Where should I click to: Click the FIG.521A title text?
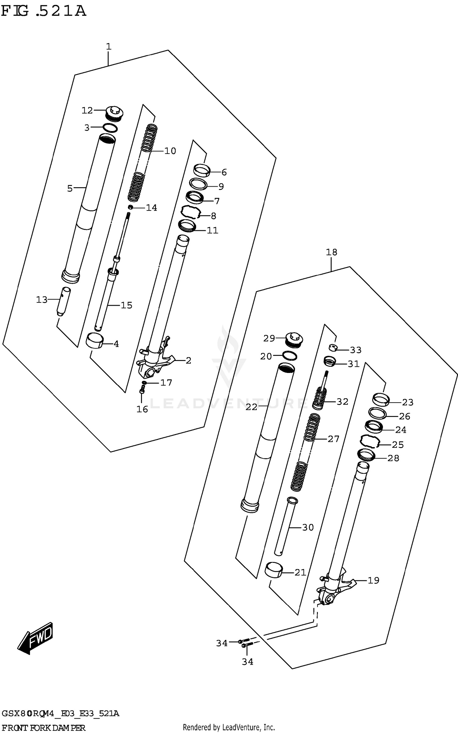pos(43,11)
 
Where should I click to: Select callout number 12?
pos(87,110)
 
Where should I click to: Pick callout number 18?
pos(331,252)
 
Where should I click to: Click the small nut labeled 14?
pos(131,208)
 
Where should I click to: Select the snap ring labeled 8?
pos(190,212)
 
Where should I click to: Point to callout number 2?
pos(188,360)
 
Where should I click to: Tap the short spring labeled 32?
pos(320,399)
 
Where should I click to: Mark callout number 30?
pos(308,527)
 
